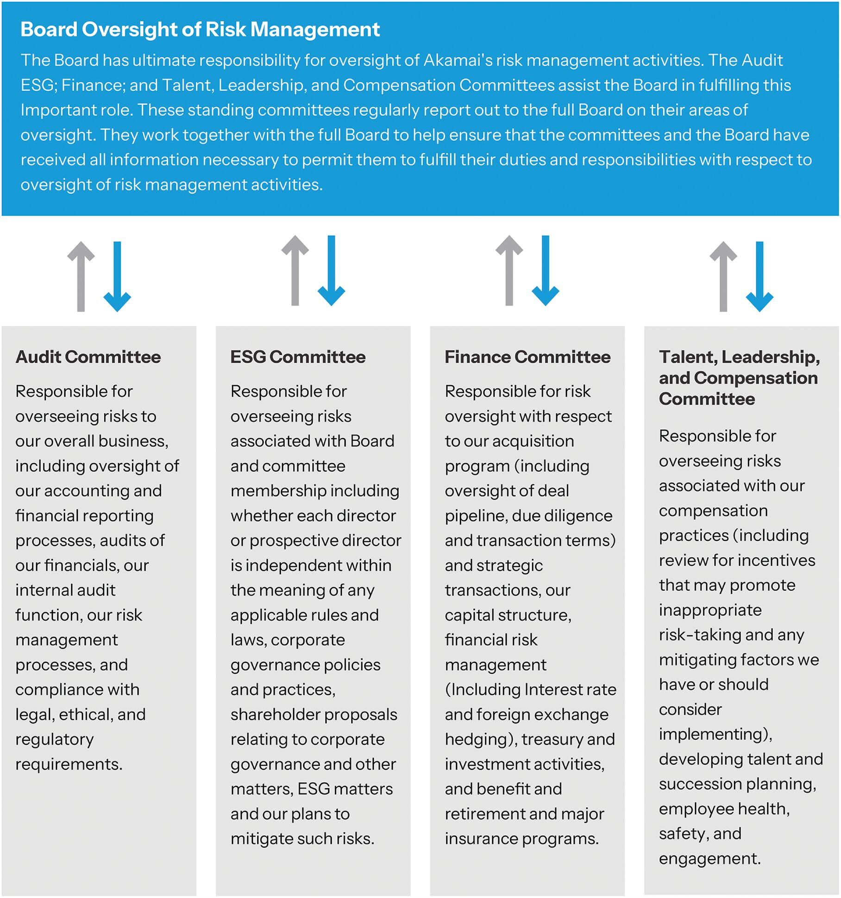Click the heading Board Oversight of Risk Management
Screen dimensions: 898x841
click(200, 30)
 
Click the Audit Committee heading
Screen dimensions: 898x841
click(88, 357)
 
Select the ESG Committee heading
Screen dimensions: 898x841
click(298, 357)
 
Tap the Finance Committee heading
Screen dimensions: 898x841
click(527, 357)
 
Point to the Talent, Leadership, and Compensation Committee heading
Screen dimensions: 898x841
click(739, 378)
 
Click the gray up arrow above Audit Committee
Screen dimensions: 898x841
click(81, 276)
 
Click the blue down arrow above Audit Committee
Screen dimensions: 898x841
click(117, 276)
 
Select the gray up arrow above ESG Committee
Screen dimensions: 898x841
click(295, 270)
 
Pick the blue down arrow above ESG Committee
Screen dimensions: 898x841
click(331, 270)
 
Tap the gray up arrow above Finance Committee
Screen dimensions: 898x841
click(509, 270)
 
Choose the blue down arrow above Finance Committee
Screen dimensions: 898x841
click(546, 270)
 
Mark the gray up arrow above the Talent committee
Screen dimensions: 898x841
click(723, 276)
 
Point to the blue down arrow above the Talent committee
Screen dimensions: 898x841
click(759, 276)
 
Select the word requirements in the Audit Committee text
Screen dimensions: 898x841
click(68, 764)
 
